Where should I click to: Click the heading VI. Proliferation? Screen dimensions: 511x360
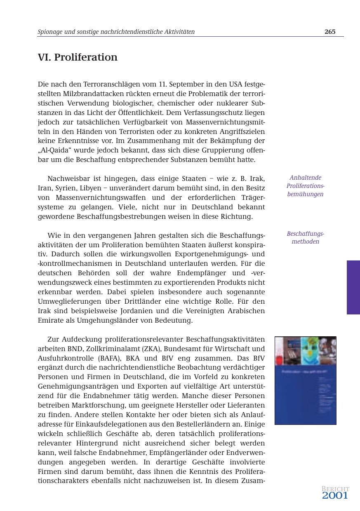(78, 57)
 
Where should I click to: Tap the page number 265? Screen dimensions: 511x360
(329, 32)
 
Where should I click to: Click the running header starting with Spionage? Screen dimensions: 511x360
(116, 32)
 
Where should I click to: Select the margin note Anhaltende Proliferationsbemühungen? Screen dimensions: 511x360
(305, 186)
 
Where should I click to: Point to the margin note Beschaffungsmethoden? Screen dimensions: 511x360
(305, 238)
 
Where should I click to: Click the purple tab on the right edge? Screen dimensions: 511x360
(353, 287)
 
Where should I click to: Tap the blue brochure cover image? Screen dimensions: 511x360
(305, 380)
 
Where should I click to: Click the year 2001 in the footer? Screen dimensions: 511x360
(335, 496)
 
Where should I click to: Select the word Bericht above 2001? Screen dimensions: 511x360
(335, 489)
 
